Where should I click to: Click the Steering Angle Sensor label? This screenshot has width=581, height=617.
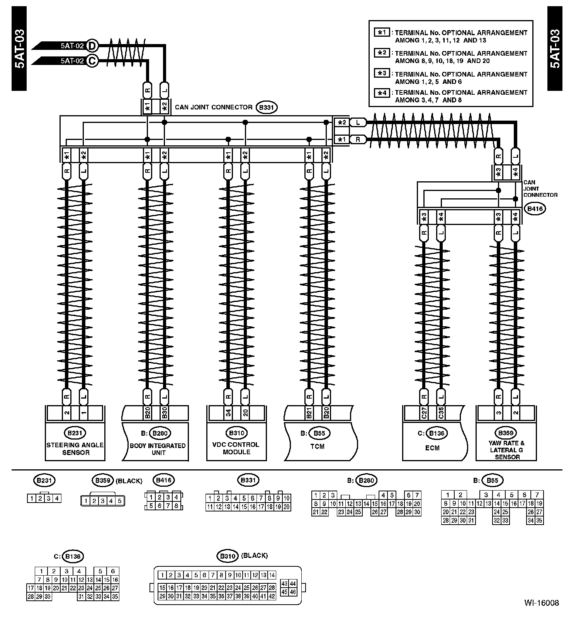pyautogui.click(x=75, y=448)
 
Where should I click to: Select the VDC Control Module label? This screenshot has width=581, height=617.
pyautogui.click(x=236, y=448)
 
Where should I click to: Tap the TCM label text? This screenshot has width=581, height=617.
pyautogui.click(x=317, y=447)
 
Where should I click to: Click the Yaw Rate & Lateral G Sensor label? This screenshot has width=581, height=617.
pyautogui.click(x=507, y=450)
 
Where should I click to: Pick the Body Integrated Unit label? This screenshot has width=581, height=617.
pyautogui.click(x=157, y=449)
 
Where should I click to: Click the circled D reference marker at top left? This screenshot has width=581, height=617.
pyautogui.click(x=92, y=46)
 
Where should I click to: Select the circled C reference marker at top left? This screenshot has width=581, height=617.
pyautogui.click(x=92, y=61)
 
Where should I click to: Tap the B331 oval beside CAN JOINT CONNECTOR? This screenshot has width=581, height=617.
pyautogui.click(x=267, y=107)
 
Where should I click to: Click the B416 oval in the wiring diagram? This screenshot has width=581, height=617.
pyautogui.click(x=535, y=209)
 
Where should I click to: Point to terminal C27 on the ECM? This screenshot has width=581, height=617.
pyautogui.click(x=424, y=413)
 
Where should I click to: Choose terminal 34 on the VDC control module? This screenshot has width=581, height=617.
pyautogui.click(x=228, y=413)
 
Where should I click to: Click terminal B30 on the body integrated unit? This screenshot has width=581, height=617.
pyautogui.click(x=164, y=413)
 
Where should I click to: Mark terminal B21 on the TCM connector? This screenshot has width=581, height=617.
pyautogui.click(x=309, y=413)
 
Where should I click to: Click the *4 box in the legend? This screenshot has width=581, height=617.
pyautogui.click(x=382, y=92)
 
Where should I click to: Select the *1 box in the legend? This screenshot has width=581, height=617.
pyautogui.click(x=382, y=32)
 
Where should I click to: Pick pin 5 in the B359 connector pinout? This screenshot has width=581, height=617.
pyautogui.click(x=119, y=501)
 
